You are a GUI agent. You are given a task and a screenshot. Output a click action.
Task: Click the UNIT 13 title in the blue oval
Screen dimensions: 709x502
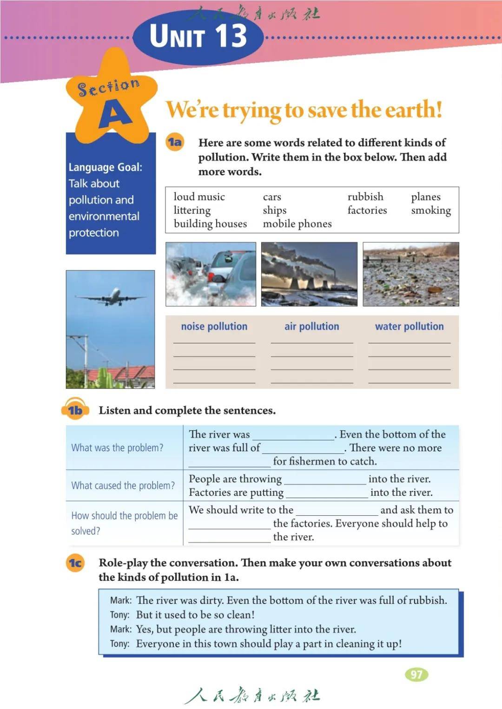(x=198, y=36)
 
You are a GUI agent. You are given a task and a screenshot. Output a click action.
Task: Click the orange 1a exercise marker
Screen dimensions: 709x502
(x=175, y=142)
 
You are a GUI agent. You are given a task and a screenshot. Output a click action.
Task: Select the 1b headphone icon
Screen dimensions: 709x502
(x=75, y=409)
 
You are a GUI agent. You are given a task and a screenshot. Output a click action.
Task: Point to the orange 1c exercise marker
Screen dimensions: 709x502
(x=75, y=563)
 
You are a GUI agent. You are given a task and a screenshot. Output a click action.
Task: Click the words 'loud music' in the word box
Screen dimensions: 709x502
(x=199, y=197)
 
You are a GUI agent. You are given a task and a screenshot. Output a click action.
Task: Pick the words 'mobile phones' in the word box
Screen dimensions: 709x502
(x=297, y=223)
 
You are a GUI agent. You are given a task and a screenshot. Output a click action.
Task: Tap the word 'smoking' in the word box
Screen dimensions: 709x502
(x=431, y=210)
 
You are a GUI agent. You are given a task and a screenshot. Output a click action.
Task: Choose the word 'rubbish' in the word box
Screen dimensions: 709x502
(x=365, y=197)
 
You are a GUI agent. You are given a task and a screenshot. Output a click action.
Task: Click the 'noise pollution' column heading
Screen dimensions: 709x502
(x=214, y=326)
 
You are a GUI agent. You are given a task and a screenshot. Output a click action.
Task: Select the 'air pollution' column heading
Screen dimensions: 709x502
(x=311, y=326)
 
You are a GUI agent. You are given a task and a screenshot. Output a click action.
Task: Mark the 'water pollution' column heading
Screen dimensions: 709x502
(x=409, y=326)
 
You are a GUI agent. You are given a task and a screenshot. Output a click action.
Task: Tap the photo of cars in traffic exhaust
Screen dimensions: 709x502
(x=211, y=274)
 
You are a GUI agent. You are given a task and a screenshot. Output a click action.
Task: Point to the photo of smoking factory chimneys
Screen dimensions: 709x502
(x=309, y=274)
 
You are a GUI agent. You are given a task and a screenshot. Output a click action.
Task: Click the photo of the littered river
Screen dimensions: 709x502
(x=410, y=274)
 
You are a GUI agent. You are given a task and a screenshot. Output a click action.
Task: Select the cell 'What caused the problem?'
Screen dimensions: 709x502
(x=123, y=486)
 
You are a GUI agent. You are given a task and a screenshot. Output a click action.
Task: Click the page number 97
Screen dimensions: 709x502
(x=416, y=674)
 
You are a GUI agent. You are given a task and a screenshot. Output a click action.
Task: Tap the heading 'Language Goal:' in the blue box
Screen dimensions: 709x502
(x=106, y=167)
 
